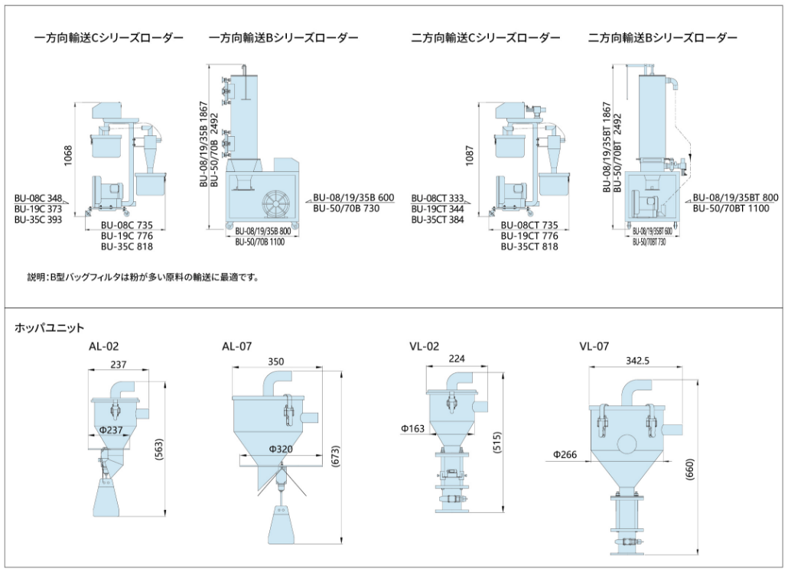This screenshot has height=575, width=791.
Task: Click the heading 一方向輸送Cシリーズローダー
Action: [x=109, y=37]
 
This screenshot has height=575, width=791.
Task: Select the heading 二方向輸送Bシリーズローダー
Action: [x=662, y=37]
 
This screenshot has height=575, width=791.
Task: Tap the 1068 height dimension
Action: [x=68, y=155]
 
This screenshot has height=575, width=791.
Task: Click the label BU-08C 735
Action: [x=127, y=226]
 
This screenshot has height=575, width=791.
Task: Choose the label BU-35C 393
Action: [x=38, y=219]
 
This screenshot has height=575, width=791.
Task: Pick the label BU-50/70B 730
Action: [x=346, y=208]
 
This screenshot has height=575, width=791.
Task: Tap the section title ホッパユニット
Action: [x=50, y=327]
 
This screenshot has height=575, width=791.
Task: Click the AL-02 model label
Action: [x=104, y=346]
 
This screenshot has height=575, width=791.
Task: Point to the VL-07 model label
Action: [x=594, y=346]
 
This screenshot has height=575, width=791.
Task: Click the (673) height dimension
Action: [x=334, y=456]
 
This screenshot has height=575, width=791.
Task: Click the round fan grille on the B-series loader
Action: [x=278, y=203]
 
